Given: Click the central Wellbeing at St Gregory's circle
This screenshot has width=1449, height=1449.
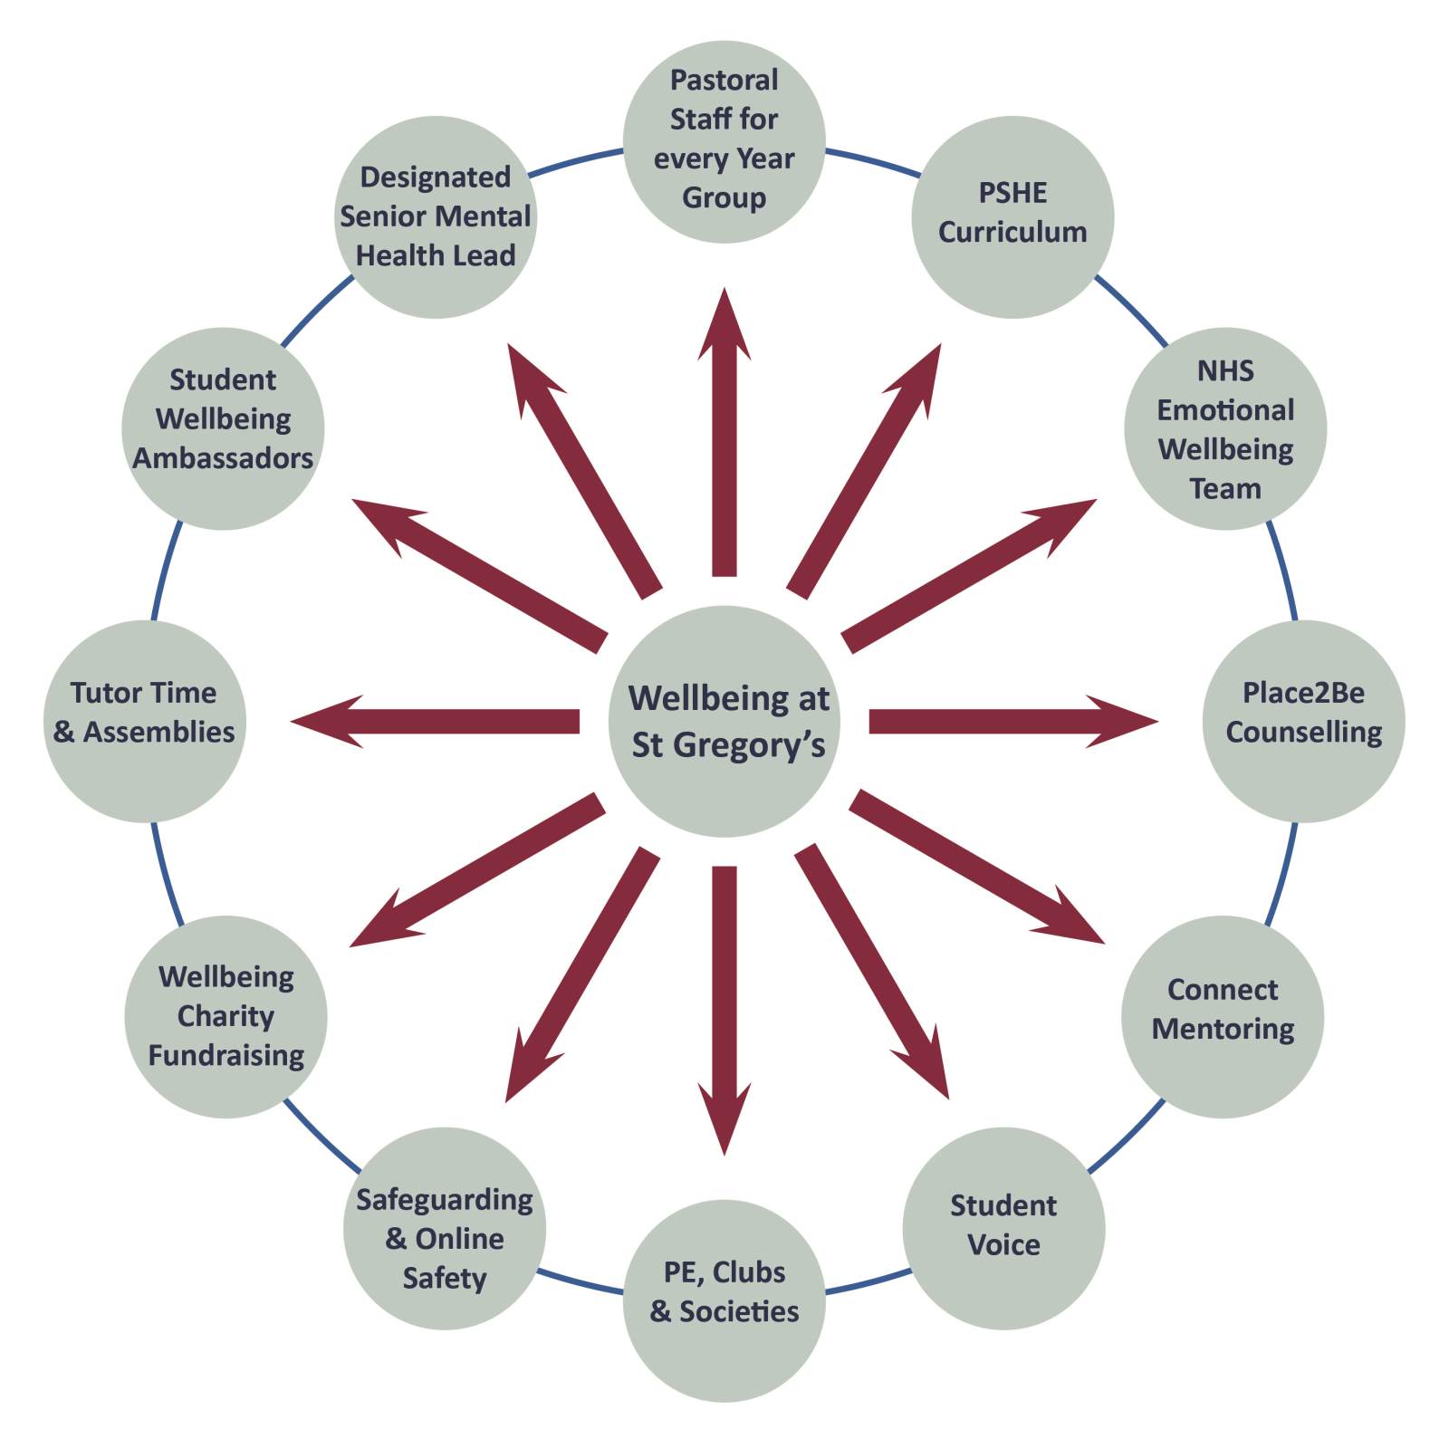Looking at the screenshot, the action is tap(724, 722).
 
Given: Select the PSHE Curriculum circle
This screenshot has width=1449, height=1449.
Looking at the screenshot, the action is tap(1012, 217).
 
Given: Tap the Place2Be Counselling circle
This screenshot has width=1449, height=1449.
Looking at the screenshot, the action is tap(1304, 722).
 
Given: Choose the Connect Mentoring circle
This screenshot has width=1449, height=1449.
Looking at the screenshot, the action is tap(1223, 1016).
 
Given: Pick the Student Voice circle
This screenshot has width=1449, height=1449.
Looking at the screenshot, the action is tap(1003, 1229).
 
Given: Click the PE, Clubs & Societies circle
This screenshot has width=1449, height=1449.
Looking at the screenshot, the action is tap(724, 1301).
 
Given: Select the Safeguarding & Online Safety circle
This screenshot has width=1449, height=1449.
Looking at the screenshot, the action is tap(445, 1229).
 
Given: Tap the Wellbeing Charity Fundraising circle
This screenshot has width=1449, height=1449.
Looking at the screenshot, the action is tap(226, 1016).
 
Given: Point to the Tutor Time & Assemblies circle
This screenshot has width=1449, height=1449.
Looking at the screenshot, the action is tap(145, 722).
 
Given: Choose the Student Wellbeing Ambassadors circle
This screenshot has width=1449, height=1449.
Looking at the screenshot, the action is tap(223, 428).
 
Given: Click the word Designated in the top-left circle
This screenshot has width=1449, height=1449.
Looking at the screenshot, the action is tap(436, 177).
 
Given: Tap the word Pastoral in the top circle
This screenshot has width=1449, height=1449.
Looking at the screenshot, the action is tap(724, 80).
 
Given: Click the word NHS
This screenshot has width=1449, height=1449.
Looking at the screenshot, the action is tap(1225, 370).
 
